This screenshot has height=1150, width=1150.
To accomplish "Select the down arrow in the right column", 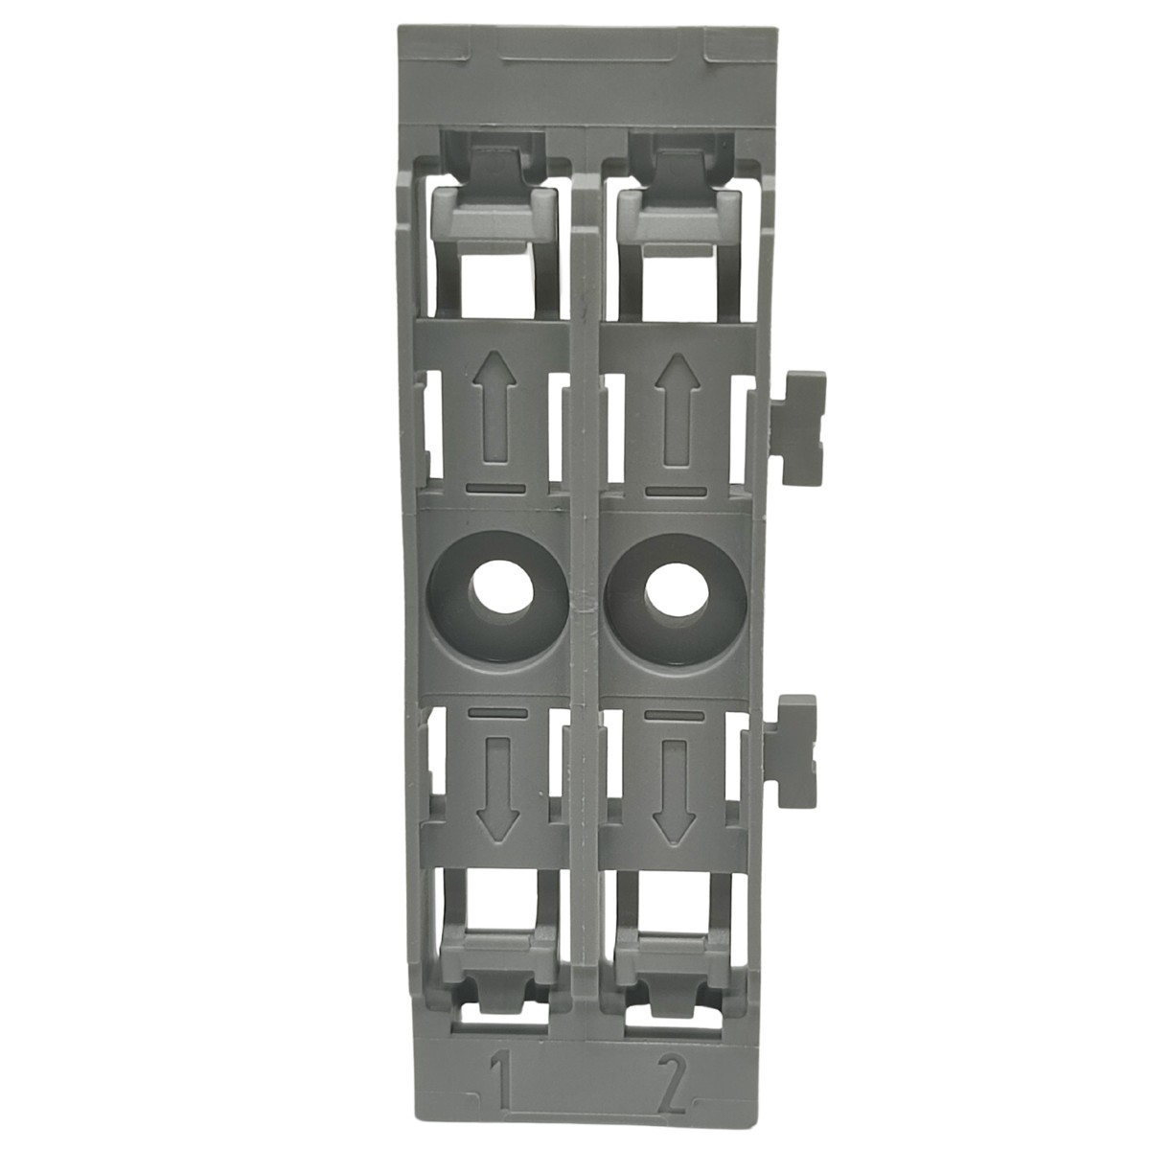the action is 675,790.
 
